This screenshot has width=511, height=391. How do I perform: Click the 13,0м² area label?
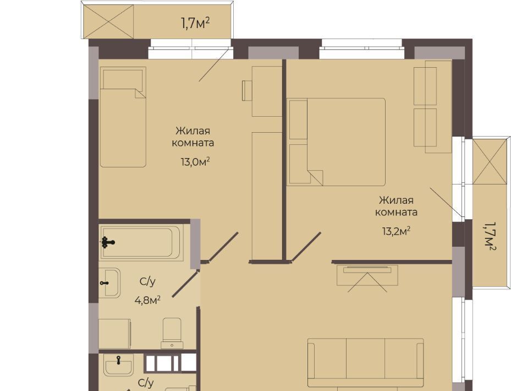click(195, 161)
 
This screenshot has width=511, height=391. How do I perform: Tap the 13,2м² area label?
click(396, 231)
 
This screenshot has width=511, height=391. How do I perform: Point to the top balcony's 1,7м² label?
click(195, 23)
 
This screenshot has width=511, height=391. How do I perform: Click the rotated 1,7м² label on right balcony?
click(490, 236)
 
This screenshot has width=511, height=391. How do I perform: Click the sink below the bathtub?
click(109, 283)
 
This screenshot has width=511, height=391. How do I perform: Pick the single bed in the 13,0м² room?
click(123, 117)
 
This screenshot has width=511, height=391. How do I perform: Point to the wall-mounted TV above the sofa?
click(367, 270)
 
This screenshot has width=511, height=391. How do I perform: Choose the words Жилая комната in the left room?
click(193, 137)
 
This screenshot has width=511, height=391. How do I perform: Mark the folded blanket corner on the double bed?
click(315, 177)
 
